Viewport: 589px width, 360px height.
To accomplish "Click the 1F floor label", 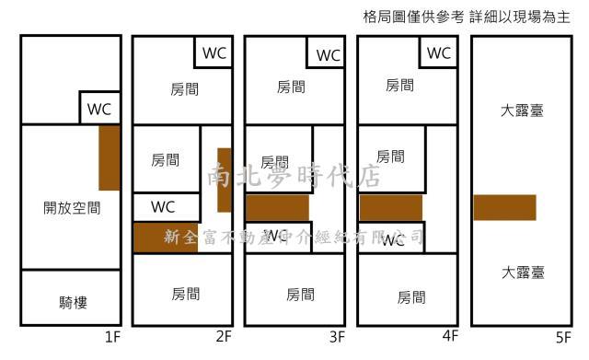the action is click(x=112, y=337).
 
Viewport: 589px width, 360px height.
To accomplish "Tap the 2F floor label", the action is click(x=223, y=337).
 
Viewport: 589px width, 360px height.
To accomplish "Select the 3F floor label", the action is click(x=337, y=337).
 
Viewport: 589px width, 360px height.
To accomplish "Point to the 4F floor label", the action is click(x=449, y=337).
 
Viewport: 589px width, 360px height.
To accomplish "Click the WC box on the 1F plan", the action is click(x=99, y=108).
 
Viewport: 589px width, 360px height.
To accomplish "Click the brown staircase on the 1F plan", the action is click(x=110, y=157).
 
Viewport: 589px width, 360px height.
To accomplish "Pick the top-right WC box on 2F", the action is click(x=214, y=52).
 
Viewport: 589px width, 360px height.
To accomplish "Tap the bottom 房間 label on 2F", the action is click(x=185, y=295).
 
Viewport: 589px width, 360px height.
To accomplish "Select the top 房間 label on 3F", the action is click(x=291, y=87).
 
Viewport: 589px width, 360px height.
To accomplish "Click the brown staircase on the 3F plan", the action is click(x=277, y=208).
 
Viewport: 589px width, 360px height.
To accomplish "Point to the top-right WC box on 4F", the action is click(x=439, y=52).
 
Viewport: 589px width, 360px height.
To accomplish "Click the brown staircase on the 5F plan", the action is click(x=504, y=207).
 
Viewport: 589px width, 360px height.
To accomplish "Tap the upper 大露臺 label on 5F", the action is click(x=522, y=111).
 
